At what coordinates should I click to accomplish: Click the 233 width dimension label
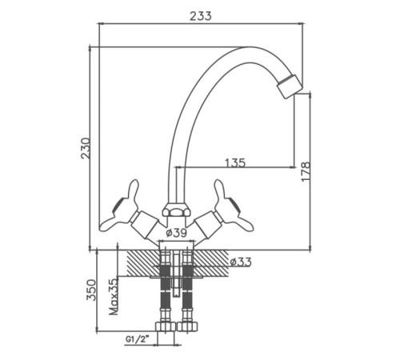pos(201,16)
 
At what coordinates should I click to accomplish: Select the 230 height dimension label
pos(86,149)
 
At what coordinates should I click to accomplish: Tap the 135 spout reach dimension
pos(235,162)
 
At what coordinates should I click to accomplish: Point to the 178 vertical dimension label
pos(306,171)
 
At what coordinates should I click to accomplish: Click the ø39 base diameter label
pos(176,233)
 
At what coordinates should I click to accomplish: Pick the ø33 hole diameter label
pos(241,262)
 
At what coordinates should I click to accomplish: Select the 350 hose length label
pos(91,290)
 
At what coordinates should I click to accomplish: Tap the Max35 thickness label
pos(114,297)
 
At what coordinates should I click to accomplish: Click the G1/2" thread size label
pos(137,339)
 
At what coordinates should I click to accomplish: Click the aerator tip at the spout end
pos(289,86)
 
